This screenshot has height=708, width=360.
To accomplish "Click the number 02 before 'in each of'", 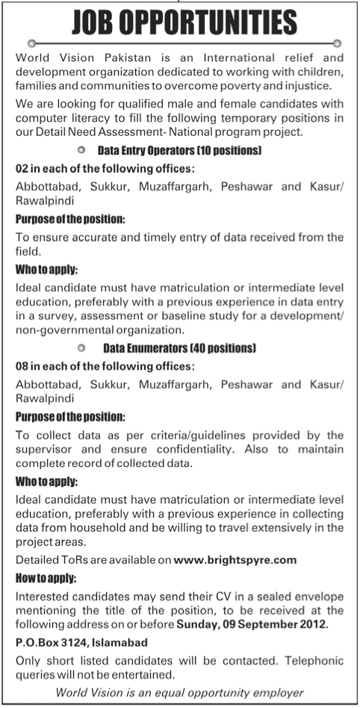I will [x=22, y=169].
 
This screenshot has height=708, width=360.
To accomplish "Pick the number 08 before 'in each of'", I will [x=22, y=367].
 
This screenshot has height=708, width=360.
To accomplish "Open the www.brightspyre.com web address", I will [x=235, y=559].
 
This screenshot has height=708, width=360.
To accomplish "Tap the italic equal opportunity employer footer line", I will [x=180, y=693].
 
